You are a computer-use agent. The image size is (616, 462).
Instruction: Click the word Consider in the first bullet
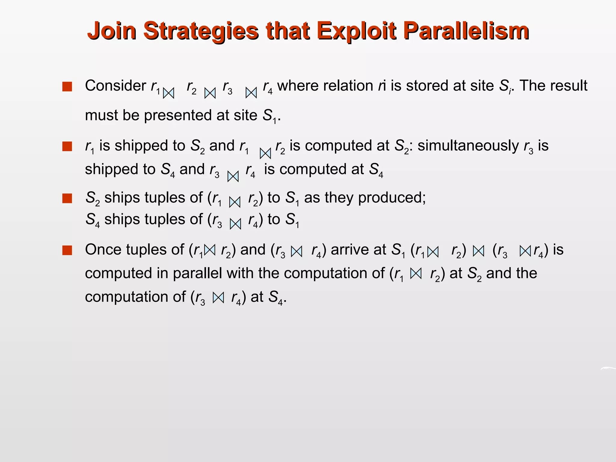(x=115, y=86)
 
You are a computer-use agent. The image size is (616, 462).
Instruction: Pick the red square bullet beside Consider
(x=67, y=87)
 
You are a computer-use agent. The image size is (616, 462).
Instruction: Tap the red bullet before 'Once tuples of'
(x=67, y=250)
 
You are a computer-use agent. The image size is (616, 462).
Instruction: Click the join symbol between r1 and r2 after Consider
(x=168, y=93)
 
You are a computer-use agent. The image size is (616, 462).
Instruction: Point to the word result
(x=568, y=86)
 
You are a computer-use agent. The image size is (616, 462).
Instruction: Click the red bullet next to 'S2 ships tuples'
(x=67, y=199)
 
